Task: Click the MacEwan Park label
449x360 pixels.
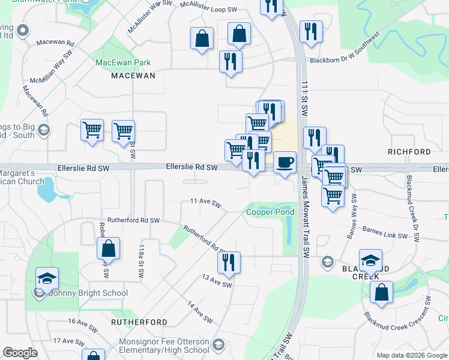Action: [123, 62]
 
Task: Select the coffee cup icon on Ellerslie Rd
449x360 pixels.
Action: [285, 162]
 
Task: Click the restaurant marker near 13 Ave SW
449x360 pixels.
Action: [229, 263]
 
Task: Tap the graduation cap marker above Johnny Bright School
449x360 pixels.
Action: [46, 278]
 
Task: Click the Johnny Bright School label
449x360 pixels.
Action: [87, 293]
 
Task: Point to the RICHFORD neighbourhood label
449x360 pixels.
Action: [409, 152]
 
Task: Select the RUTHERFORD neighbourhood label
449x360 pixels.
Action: [139, 322]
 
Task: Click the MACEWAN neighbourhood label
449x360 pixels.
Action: [133, 76]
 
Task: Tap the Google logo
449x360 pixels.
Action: [20, 352]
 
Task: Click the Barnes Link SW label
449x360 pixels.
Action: [385, 232]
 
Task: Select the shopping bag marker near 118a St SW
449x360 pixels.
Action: [108, 248]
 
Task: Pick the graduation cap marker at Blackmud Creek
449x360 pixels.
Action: [370, 260]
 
